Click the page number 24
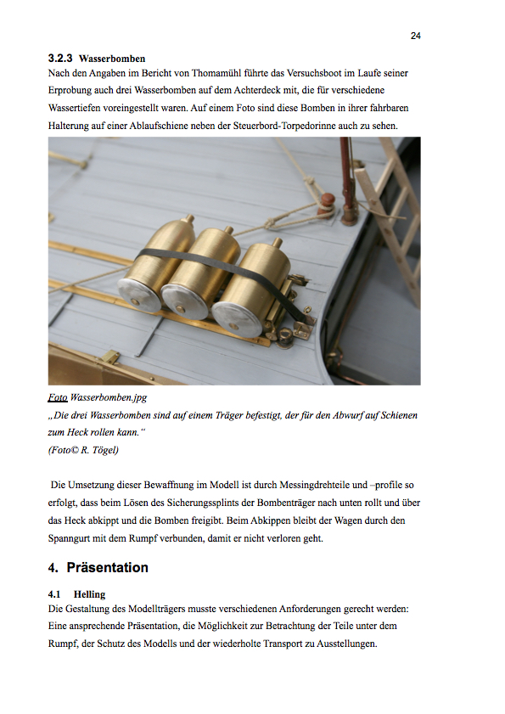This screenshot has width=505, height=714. (x=415, y=36)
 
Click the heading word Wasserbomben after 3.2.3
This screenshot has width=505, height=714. (x=112, y=59)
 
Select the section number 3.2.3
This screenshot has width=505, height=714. (x=60, y=59)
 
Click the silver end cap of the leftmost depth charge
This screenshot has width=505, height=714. (x=139, y=295)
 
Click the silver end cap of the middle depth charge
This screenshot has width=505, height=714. (x=184, y=301)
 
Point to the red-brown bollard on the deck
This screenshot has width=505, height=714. (x=327, y=203)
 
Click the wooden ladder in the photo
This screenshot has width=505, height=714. (x=394, y=214)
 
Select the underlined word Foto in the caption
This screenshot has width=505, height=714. (x=58, y=397)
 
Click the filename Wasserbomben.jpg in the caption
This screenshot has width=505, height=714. (x=109, y=397)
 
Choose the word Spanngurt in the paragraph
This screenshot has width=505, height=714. (x=69, y=538)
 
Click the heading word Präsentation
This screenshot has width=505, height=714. (x=108, y=567)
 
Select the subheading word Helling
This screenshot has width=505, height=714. (x=89, y=594)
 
